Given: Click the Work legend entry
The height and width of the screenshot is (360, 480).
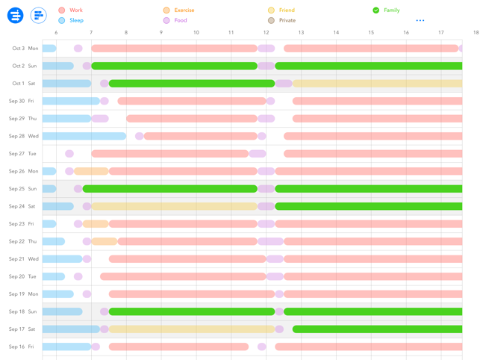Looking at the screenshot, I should [71, 10].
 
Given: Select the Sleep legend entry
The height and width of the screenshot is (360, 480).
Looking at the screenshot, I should [71, 21].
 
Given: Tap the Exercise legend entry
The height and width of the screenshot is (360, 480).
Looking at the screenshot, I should [179, 10].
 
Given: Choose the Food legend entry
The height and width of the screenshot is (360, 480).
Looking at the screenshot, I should [175, 21].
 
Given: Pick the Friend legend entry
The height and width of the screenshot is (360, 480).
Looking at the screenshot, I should [281, 10].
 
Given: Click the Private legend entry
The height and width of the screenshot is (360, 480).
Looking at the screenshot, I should [282, 21].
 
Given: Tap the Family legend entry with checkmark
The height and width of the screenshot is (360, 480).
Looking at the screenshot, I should [386, 10].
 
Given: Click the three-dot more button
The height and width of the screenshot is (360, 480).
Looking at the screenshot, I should [420, 21].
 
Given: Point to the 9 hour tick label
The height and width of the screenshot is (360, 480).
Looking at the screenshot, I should [161, 33].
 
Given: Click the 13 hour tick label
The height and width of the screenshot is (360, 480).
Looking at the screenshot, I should [301, 33].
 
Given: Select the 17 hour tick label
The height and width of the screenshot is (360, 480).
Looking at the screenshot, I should [440, 33].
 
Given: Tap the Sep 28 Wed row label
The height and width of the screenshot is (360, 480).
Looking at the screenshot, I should [24, 137].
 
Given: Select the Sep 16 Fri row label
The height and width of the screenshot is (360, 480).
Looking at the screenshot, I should [22, 347].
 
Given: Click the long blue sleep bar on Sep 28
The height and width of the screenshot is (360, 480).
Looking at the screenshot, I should [84, 137].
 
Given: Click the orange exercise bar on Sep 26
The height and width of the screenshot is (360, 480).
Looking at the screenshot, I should [91, 172].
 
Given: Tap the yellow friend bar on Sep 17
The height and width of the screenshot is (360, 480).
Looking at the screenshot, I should [192, 329].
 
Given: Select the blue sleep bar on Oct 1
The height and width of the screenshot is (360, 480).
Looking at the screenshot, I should [66, 84].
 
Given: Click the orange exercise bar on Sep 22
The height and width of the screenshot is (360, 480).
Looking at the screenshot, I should [105, 241].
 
